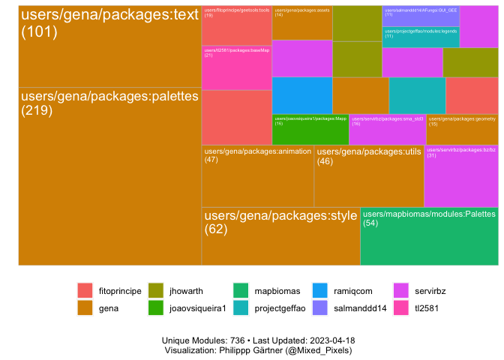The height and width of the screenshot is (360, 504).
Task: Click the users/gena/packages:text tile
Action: click(109, 46)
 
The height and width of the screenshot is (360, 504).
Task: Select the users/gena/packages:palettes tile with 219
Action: click(109, 176)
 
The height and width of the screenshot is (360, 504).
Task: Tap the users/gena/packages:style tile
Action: click(280, 236)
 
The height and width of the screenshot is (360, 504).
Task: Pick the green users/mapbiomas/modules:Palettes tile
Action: click(429, 236)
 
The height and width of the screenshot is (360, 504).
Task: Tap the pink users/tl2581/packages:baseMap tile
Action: click(236, 67)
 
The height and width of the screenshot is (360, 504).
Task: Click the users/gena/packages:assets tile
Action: click(301, 22)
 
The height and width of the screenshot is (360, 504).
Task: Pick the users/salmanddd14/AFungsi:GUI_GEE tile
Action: click(421, 16)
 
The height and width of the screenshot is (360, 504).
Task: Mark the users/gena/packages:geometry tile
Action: click(461, 129)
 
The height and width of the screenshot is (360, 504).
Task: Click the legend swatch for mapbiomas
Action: click(241, 290)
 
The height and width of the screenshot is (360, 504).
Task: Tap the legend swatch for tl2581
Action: click(401, 307)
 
